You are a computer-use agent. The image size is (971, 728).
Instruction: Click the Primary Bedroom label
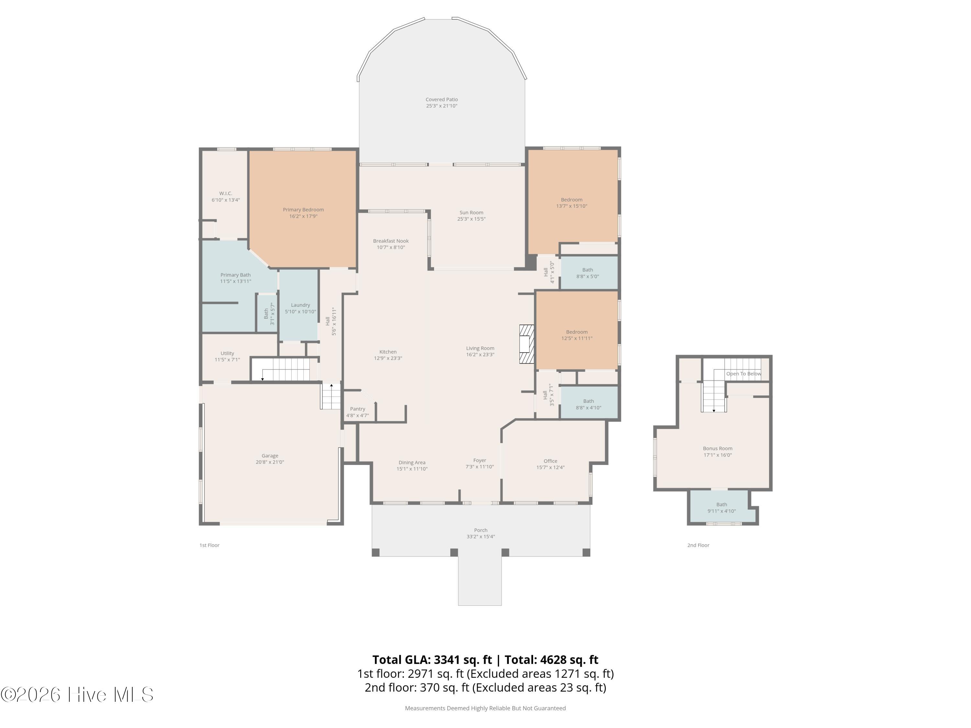pyautogui.click(x=303, y=210)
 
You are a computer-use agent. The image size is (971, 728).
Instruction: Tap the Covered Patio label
pyautogui.click(x=441, y=100)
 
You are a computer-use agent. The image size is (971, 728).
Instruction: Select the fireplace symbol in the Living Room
pyautogui.click(x=527, y=344)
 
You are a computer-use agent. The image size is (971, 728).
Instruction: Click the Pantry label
pyautogui.click(x=358, y=409)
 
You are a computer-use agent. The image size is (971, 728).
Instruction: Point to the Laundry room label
pyautogui.click(x=301, y=305)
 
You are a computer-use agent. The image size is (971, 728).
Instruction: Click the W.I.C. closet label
pyautogui.click(x=226, y=193)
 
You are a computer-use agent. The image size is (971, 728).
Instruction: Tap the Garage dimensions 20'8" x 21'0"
pyautogui.click(x=270, y=462)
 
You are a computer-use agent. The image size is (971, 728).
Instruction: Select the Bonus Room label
pyautogui.click(x=718, y=448)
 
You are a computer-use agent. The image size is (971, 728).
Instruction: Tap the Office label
pyautogui.click(x=551, y=461)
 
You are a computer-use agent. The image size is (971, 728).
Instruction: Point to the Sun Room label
pyautogui.click(x=472, y=213)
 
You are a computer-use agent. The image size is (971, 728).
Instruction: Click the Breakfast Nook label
pyautogui.click(x=391, y=241)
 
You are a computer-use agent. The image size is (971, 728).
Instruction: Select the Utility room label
pyautogui.click(x=228, y=353)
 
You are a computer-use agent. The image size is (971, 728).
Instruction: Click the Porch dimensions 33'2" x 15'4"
pyautogui.click(x=481, y=537)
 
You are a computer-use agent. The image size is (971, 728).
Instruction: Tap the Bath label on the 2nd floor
pyautogui.click(x=722, y=505)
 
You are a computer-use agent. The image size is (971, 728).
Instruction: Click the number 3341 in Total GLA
pyautogui.click(x=447, y=660)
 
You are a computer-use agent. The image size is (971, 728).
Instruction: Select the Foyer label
pyautogui.click(x=480, y=460)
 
